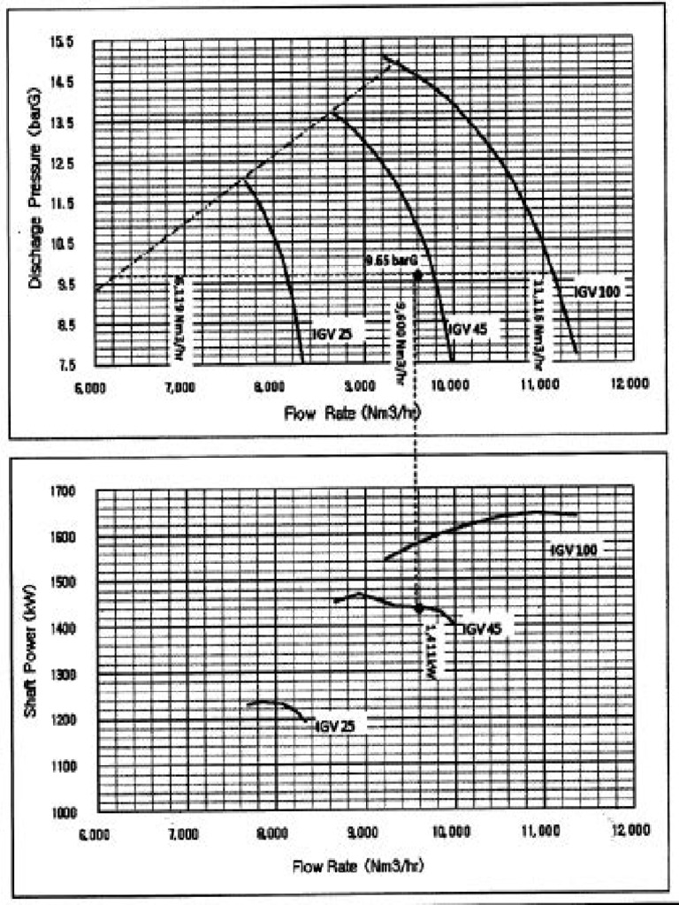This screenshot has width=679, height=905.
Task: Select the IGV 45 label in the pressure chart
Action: click(463, 329)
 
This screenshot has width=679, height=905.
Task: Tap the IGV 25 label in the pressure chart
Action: click(332, 334)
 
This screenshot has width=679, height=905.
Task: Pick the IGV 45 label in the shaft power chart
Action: click(483, 629)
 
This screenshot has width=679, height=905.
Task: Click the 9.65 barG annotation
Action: click(391, 261)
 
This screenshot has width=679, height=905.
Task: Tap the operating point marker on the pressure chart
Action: click(418, 274)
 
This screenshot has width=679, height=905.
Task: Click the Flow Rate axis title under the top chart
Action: click(352, 413)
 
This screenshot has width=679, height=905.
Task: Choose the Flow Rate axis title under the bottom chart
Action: click(359, 864)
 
